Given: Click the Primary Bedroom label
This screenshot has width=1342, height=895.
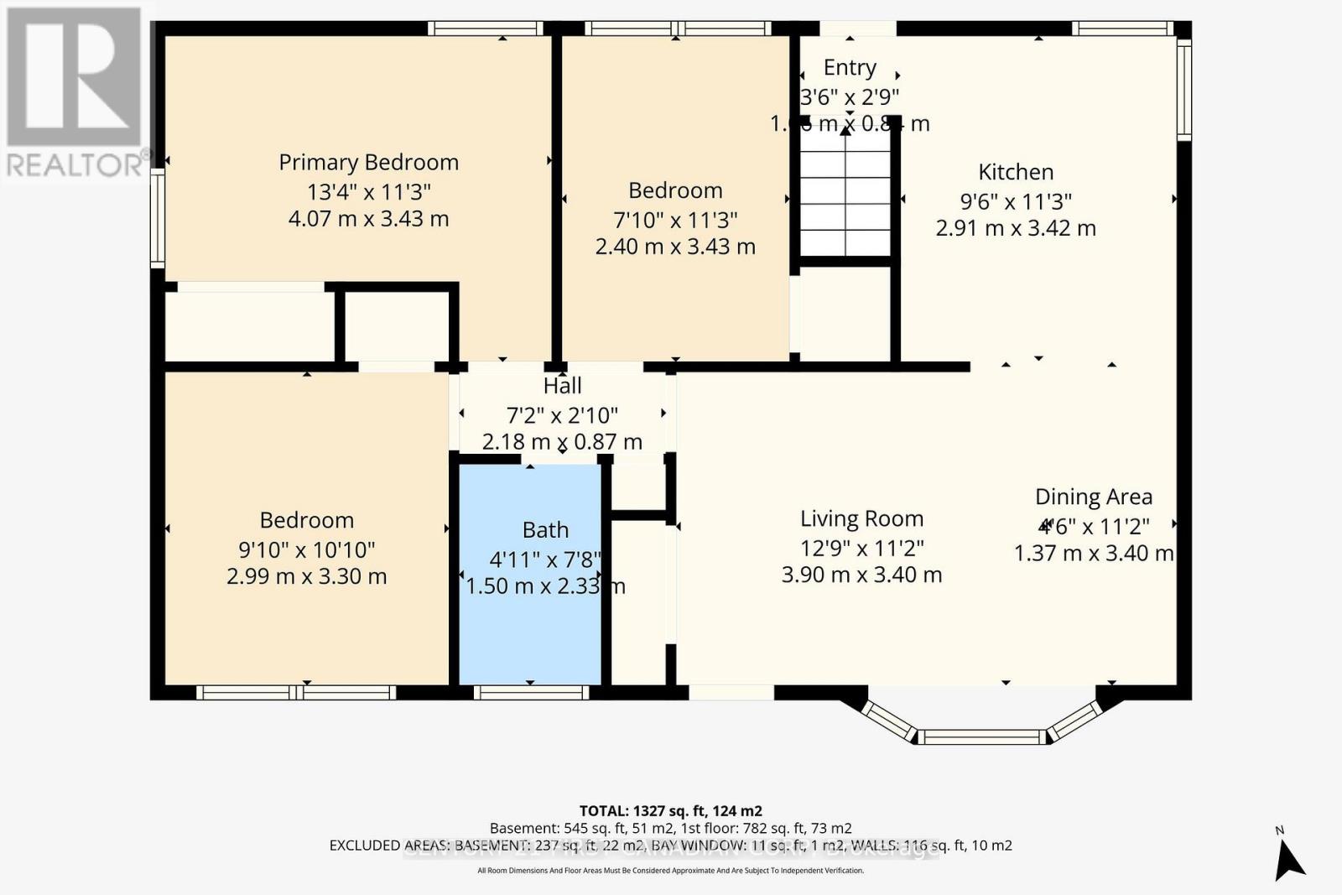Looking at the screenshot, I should (x=368, y=162).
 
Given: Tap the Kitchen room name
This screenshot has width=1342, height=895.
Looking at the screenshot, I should (x=1015, y=172).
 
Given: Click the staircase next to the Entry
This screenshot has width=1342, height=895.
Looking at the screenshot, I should (x=845, y=201).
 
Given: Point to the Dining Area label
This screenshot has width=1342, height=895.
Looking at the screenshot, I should (x=1093, y=497).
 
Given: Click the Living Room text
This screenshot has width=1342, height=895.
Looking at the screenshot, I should (x=861, y=519).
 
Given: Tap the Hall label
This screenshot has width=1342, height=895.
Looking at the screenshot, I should (x=562, y=386).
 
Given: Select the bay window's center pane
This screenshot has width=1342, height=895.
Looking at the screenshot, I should (x=981, y=737).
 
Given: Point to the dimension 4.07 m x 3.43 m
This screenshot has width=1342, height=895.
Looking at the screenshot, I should (x=368, y=219).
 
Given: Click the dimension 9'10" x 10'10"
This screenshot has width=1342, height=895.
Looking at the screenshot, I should (x=306, y=550).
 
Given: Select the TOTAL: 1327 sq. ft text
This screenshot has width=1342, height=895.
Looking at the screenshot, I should (x=670, y=811).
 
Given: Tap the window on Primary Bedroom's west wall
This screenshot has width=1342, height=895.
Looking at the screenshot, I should (x=157, y=218).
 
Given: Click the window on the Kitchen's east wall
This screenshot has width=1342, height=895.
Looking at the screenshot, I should (x=1183, y=91).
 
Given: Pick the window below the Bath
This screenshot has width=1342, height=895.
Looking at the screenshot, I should (x=530, y=693).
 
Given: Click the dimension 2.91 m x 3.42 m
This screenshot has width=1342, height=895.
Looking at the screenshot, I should (x=1015, y=228).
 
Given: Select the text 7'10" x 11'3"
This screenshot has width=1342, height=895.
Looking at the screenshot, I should (x=675, y=220).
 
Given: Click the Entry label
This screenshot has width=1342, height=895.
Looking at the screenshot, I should (x=850, y=67).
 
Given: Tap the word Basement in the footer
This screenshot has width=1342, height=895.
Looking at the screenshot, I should (x=520, y=828).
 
